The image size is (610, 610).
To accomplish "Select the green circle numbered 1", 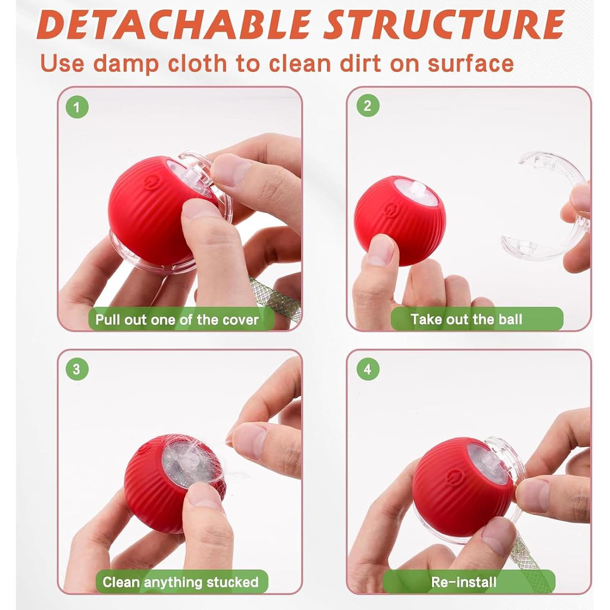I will [77, 107].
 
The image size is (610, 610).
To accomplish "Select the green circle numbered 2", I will [367, 106].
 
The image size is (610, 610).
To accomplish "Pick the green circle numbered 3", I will [77, 369].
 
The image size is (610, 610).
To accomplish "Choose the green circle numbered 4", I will [367, 369].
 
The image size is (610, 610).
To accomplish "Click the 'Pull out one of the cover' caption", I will [177, 320].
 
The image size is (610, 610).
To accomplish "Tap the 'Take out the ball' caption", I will [466, 319].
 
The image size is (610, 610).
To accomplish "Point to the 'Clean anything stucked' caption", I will [181, 582].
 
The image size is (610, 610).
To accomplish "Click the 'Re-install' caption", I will [464, 582].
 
